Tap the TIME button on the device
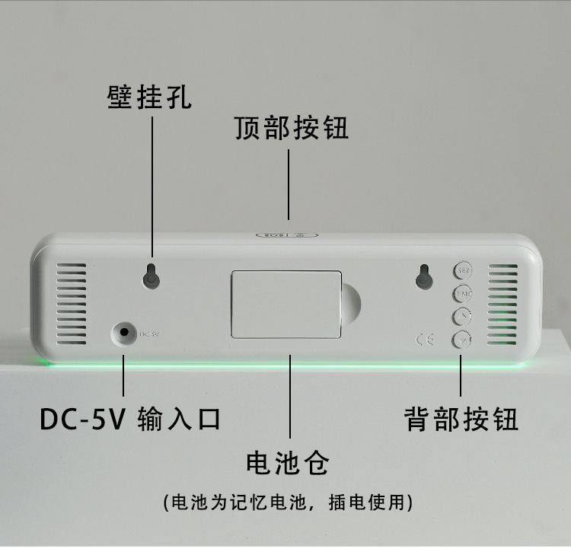click(463, 293)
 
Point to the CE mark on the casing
click(425, 339)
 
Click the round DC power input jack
click(123, 331)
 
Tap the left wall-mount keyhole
click(152, 278)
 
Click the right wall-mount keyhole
click(424, 278)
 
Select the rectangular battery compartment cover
click(285, 303)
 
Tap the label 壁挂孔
click(148, 97)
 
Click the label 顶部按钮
click(292, 128)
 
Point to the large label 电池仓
click(288, 462)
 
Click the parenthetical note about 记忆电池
click(289, 503)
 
